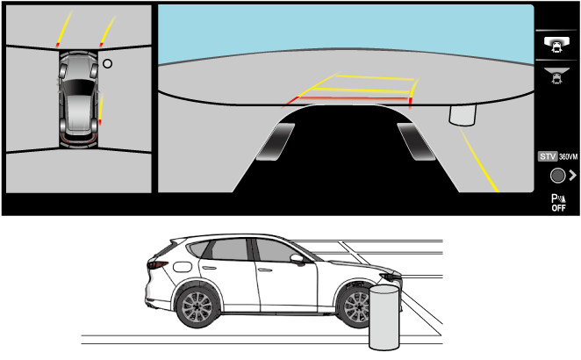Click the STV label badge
pos(548,156)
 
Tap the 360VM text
pos(569,157)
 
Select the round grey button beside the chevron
pos(557,176)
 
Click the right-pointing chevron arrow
pos(572,175)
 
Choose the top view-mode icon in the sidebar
pos(556,45)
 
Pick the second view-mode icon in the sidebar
pos(556,76)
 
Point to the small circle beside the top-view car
pos(107,64)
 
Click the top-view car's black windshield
pos(78,88)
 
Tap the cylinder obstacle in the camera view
pos(463,115)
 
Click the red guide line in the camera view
pos(353,98)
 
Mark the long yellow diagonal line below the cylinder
pos(479,160)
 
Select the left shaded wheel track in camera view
pos(276,142)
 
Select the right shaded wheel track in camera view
pos(416,142)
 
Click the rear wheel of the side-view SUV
pos(197,306)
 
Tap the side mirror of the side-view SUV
pos(298,259)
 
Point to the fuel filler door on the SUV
pos(183,267)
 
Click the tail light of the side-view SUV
pos(157,264)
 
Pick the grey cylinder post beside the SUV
pos(384,317)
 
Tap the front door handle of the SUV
pos(265,270)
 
